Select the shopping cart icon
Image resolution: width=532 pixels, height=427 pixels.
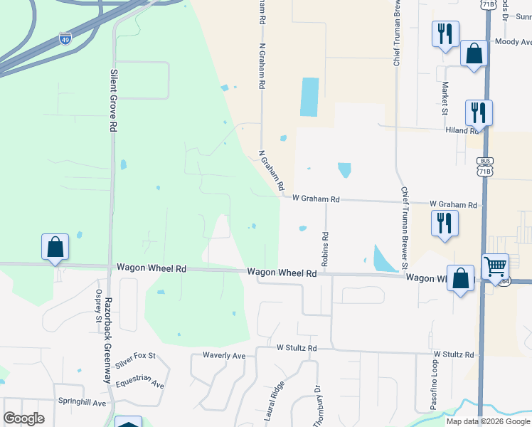[x=495, y=267]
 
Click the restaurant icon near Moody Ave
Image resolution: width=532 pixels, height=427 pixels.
[x=445, y=33]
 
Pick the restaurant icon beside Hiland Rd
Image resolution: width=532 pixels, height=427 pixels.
[x=479, y=112]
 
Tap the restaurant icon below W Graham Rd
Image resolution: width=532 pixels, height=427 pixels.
[x=445, y=223]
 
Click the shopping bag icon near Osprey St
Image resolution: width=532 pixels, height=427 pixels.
[x=55, y=247]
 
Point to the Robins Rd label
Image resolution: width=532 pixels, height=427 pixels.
[x=325, y=249]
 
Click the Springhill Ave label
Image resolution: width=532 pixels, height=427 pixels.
[x=82, y=403]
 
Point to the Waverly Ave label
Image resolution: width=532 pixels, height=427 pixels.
[x=223, y=355]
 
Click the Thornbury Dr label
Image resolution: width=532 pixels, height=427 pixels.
[x=318, y=406]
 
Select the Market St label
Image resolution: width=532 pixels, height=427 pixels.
[x=445, y=97]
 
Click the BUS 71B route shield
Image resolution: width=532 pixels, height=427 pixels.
[x=484, y=167]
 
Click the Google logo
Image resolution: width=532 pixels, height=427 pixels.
[x=24, y=418]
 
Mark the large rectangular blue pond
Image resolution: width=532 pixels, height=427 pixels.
[x=310, y=97]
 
